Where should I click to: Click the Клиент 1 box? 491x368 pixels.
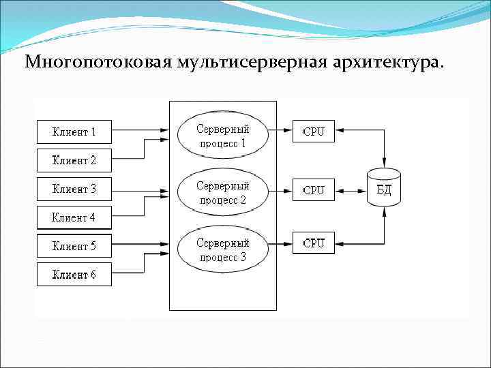pos(74,132)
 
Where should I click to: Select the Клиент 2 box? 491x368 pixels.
pos(74,160)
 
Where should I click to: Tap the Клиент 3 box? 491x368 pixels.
pos(74,189)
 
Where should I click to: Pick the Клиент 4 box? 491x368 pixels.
pos(74,218)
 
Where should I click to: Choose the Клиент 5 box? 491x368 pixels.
pos(74,246)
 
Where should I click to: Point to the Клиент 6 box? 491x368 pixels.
pos(74,275)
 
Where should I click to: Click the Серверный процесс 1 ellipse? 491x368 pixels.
pos(223,136)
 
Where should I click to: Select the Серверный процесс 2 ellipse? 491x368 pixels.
pos(223,192)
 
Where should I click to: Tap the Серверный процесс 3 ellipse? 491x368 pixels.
pos(223,249)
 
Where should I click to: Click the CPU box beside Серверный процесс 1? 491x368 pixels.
pos(314,132)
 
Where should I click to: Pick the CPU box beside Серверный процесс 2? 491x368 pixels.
pos(314,190)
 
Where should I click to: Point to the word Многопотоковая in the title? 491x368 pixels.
pos(98,63)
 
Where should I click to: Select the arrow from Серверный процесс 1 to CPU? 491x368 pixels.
pos(280,127)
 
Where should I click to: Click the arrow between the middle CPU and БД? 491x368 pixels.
pos(351,189)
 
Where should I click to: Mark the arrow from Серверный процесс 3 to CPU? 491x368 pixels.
pos(280,242)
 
